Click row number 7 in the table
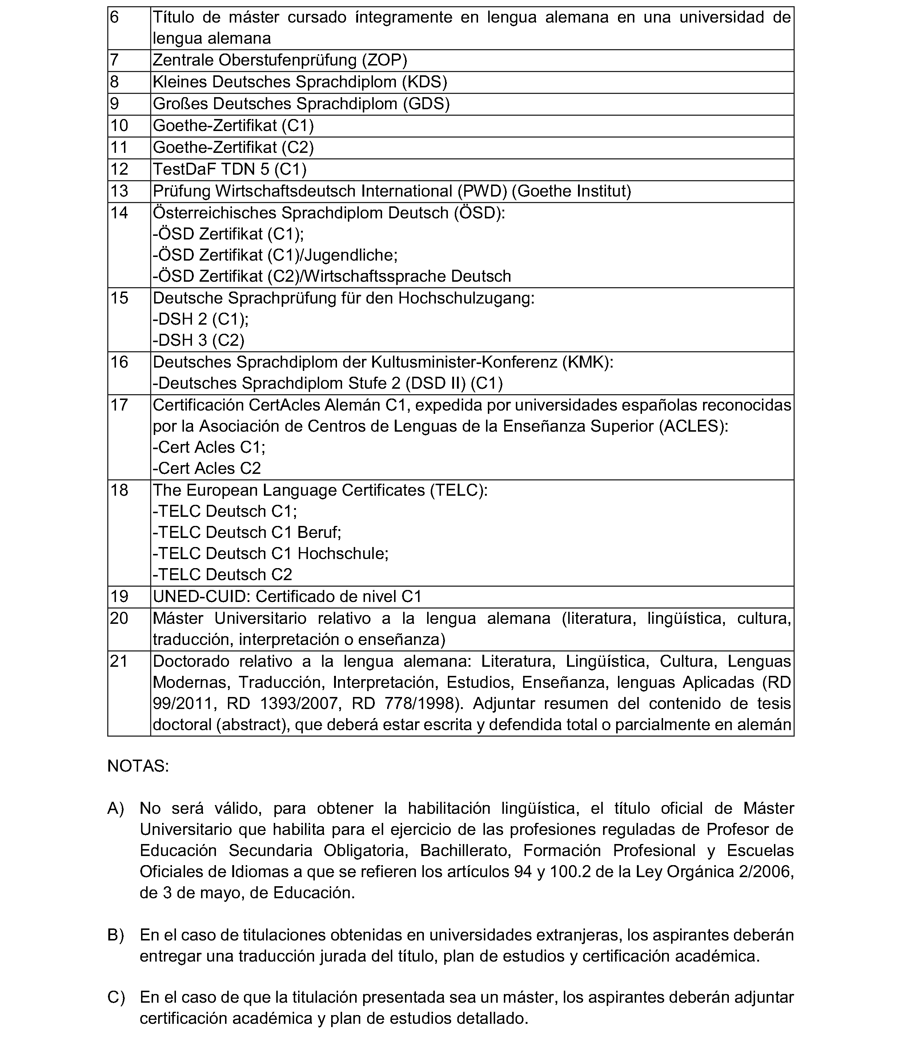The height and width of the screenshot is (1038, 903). tap(115, 60)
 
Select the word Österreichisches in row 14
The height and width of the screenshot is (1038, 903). tap(214, 213)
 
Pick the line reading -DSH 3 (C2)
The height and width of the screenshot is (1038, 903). tap(198, 340)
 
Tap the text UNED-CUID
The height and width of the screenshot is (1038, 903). tap(201, 597)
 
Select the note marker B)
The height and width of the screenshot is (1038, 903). tap(116, 935)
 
